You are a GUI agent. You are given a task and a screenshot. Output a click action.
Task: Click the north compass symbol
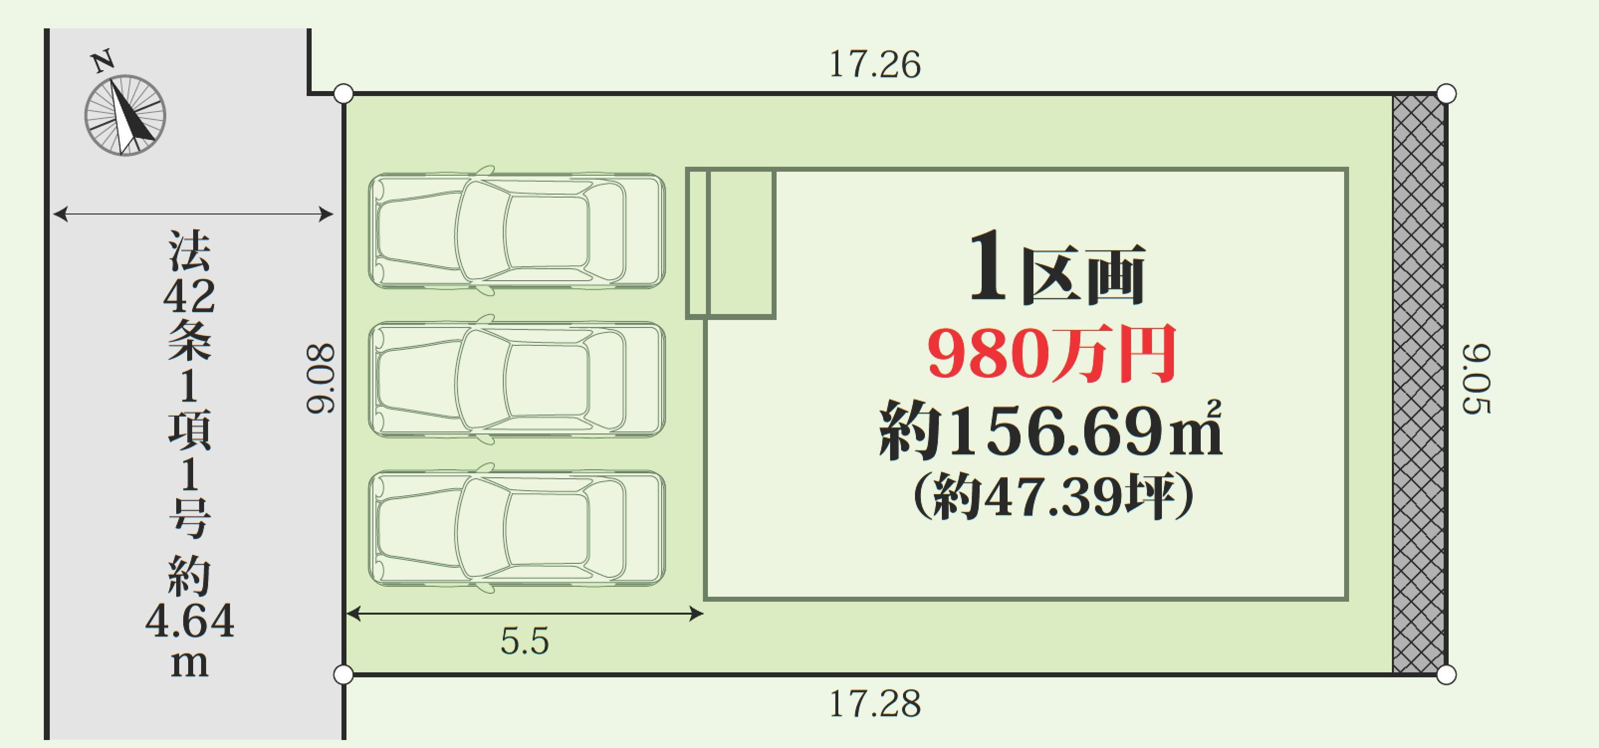coord(125,115)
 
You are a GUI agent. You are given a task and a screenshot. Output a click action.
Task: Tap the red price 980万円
coord(1051,354)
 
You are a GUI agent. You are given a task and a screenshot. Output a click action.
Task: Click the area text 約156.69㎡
coord(1050,429)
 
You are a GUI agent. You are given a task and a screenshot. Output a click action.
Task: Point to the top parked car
coord(516,230)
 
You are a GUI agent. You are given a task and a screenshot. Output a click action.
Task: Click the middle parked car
coord(516,379)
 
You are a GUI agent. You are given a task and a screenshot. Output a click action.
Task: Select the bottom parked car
coord(516,528)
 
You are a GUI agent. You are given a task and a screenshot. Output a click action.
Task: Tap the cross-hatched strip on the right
coord(1418,384)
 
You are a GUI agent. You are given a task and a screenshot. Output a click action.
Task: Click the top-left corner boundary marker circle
coord(343,95)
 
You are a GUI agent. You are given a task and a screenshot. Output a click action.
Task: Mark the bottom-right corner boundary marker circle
coord(1446,675)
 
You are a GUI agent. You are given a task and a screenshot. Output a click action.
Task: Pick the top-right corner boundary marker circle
coord(1446,95)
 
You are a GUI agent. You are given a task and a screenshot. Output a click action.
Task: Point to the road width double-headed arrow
coord(193,215)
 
